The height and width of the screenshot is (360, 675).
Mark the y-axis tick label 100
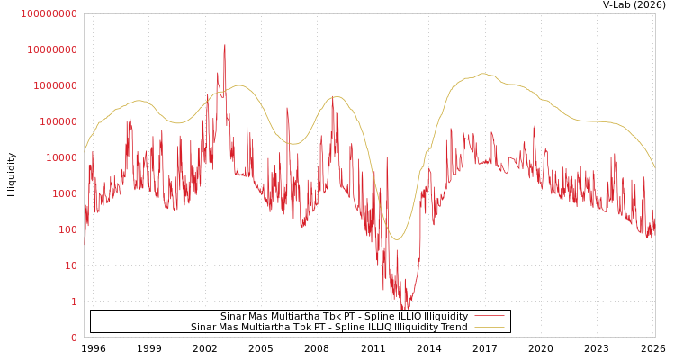[66, 229]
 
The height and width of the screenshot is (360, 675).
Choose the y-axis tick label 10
[69, 265]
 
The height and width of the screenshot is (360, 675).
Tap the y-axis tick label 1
[73, 301]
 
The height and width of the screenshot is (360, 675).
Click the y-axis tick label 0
[74, 337]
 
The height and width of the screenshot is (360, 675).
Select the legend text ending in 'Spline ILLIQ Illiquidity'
[344, 316]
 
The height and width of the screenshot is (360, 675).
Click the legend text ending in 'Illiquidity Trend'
[328, 327]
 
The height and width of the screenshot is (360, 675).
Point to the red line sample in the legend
[489, 316]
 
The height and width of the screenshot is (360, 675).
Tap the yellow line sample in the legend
[489, 327]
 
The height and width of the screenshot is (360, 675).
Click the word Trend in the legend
[453, 327]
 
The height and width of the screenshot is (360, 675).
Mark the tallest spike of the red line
[225, 45]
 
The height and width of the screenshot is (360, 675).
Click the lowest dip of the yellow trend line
[397, 239]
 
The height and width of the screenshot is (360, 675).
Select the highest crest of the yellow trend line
[483, 74]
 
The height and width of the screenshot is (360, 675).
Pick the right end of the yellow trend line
[654, 168]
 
